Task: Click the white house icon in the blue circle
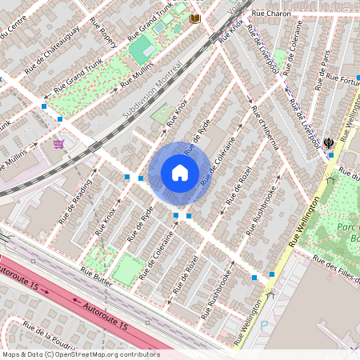[180, 173]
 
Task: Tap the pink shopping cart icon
[58, 144]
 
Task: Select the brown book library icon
[194, 18]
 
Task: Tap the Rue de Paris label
[325, 71]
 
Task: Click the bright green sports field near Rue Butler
[128, 270]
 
